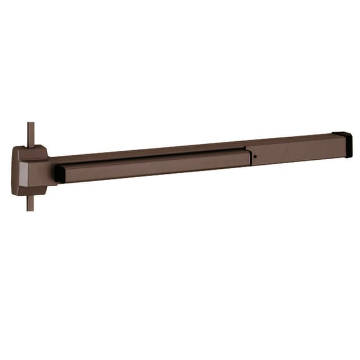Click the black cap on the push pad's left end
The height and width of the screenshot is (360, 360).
[59, 174]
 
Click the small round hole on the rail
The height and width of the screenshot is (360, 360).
[255, 156]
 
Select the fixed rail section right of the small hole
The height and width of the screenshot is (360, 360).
[295, 150]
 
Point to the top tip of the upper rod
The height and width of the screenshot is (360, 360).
[30, 124]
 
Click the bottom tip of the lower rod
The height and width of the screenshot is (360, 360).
[30, 210]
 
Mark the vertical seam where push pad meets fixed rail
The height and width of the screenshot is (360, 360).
[250, 157]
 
